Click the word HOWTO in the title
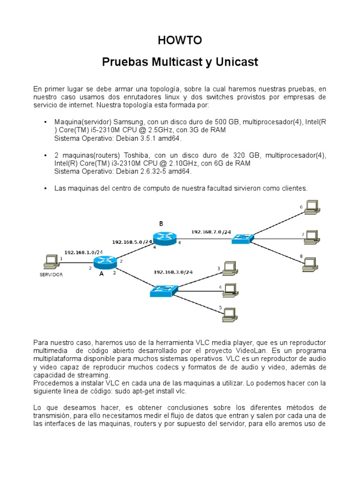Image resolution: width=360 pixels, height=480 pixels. (180, 41)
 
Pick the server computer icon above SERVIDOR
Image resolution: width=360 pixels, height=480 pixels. (51, 261)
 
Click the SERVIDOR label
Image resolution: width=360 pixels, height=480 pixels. (51, 275)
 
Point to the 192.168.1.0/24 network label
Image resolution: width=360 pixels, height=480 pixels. (83, 252)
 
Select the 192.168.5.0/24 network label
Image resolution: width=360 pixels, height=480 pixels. (132, 242)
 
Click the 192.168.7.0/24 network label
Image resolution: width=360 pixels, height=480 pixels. (211, 232)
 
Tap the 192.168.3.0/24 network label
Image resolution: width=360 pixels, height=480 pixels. (173, 272)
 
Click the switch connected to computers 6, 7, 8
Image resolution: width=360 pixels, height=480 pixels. (242, 239)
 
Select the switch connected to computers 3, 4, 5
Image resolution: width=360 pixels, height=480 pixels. (162, 291)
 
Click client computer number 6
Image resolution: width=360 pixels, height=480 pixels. (310, 207)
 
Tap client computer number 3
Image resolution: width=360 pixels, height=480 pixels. (229, 268)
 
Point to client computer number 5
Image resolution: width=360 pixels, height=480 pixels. (229, 313)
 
